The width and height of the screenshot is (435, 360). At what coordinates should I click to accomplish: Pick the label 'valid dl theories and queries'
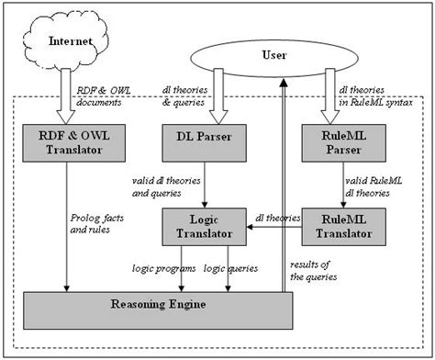(166, 189)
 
